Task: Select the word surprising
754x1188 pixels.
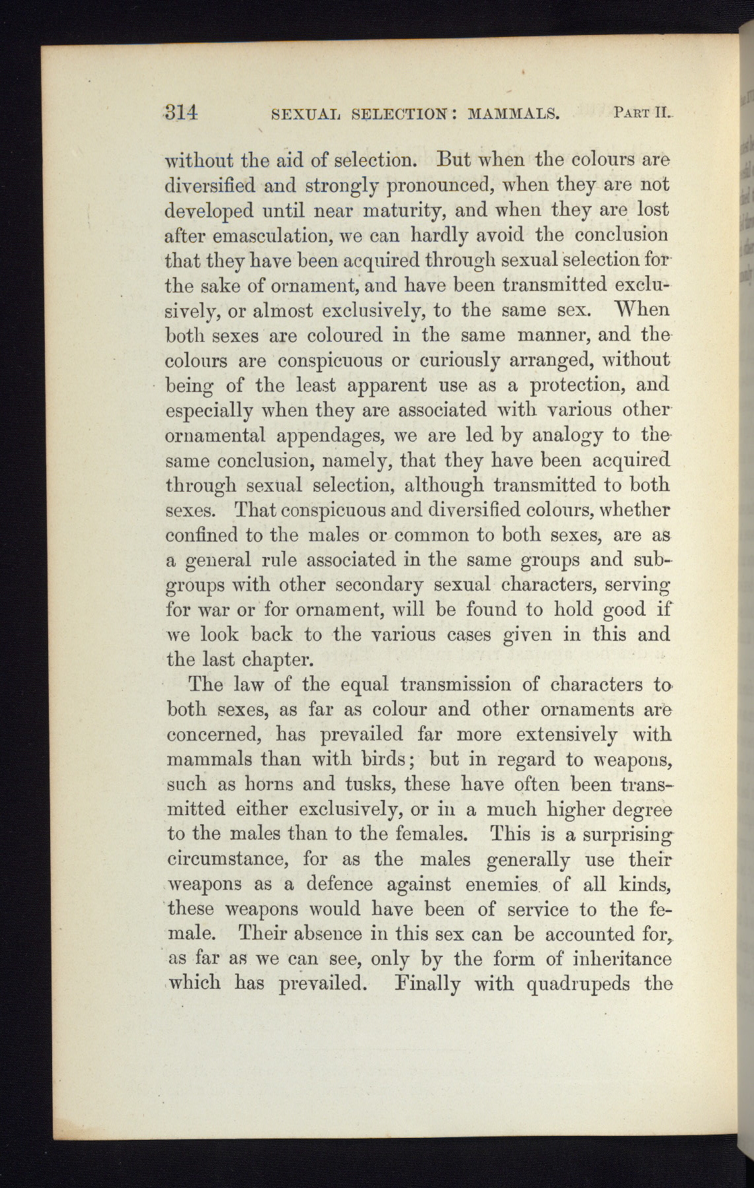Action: (625, 835)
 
